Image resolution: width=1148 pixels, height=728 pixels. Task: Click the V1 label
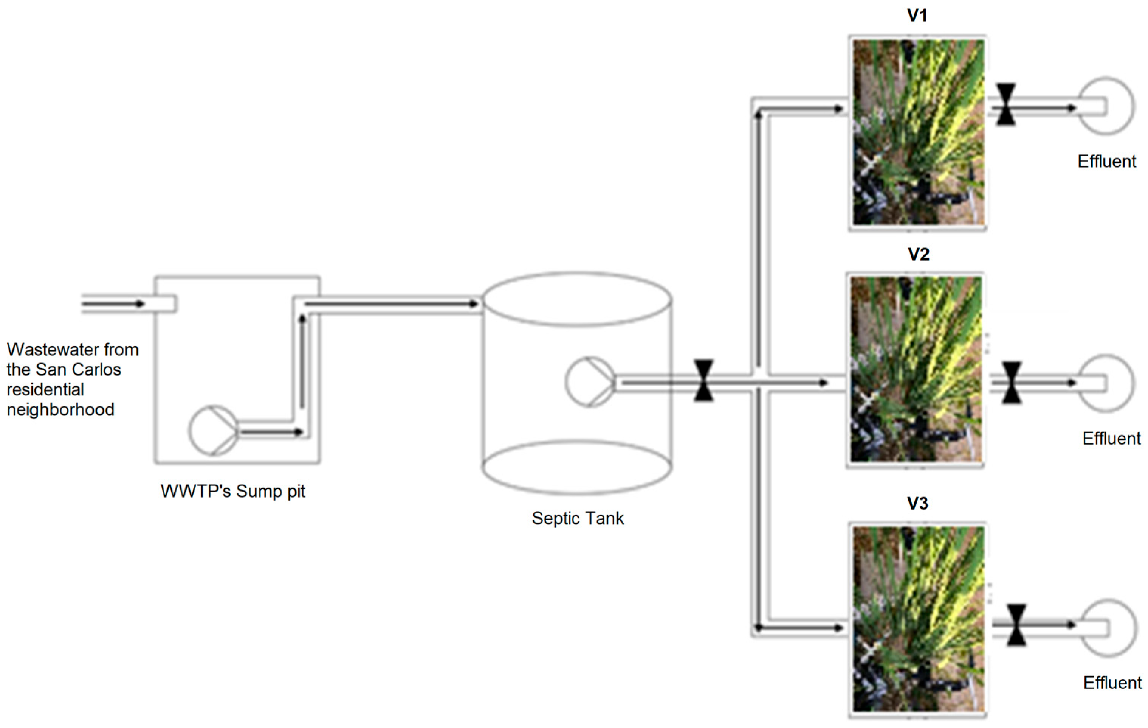917,16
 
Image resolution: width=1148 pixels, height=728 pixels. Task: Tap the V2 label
918,254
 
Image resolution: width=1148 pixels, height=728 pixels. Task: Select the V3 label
917,503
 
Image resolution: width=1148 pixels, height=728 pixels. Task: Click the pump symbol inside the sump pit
213,431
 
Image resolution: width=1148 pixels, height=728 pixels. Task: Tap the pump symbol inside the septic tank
590,382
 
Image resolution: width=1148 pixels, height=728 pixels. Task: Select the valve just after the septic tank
704,380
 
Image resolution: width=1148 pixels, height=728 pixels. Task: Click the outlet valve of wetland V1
1006,104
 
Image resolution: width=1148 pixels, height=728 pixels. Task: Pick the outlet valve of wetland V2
1012,383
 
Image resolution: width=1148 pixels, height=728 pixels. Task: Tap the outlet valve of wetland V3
1016,625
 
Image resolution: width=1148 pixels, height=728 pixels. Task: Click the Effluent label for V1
1106,161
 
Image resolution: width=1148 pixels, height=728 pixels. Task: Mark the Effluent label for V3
1112,683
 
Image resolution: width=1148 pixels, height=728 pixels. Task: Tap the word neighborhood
60,409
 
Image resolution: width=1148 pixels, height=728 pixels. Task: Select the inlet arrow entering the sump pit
115,303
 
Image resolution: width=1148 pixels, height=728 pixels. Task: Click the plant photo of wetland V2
916,370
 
